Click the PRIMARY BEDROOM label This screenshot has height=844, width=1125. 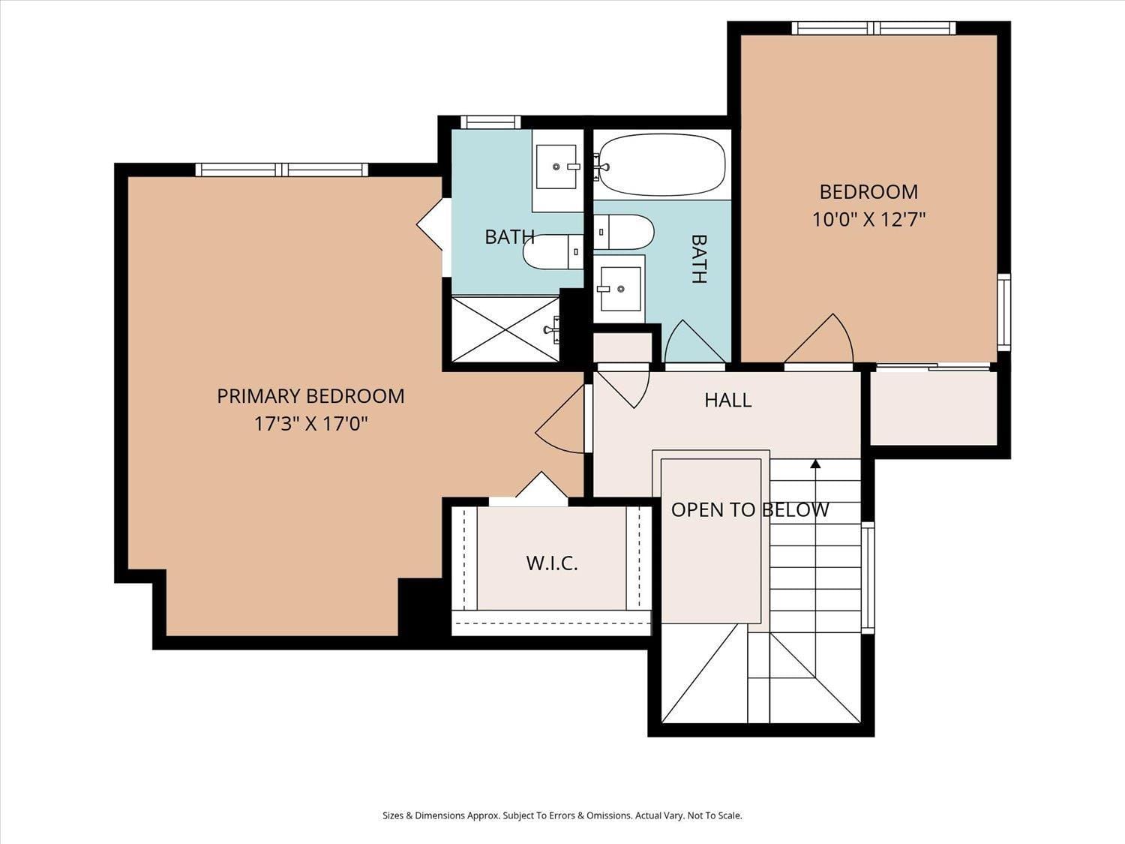[x=310, y=396]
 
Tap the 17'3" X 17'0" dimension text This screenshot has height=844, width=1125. [x=311, y=424]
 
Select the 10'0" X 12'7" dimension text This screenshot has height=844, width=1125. [x=868, y=220]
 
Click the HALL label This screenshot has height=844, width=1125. [x=727, y=400]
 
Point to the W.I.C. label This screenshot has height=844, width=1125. [x=552, y=563]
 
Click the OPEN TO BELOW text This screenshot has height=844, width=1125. [x=750, y=510]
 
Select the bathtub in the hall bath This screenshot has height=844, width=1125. [x=662, y=165]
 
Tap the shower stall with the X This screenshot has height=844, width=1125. [x=505, y=329]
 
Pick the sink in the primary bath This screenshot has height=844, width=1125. [x=556, y=167]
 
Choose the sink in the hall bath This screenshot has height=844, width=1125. [x=621, y=289]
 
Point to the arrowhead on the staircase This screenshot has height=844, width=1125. [x=815, y=464]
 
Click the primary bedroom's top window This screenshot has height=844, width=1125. [x=282, y=170]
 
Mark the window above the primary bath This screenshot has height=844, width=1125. [x=490, y=122]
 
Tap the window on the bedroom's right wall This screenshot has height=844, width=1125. [x=1004, y=312]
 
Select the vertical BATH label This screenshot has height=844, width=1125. [x=699, y=259]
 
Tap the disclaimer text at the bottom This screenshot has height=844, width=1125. [x=562, y=815]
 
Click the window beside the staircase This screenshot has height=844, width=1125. [x=868, y=578]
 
